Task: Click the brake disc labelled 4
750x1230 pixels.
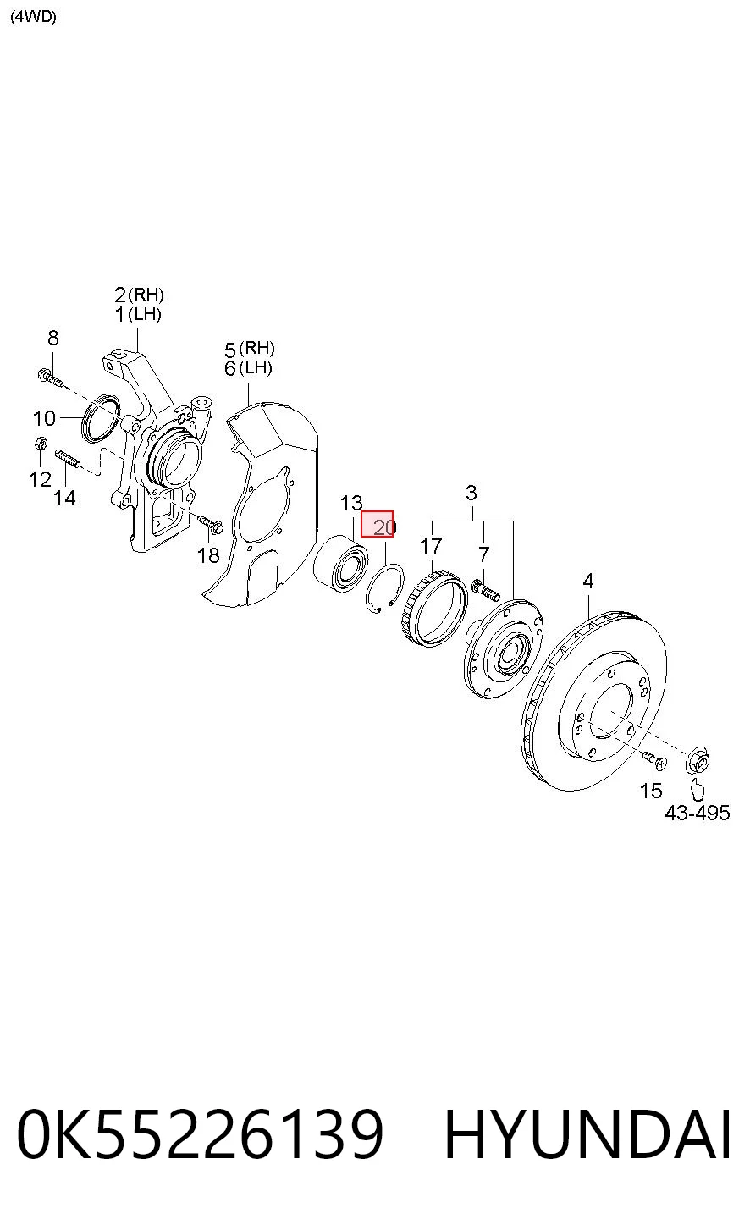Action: coord(594,700)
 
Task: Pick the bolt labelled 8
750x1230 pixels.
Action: coord(51,378)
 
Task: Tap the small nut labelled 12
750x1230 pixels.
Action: coord(40,443)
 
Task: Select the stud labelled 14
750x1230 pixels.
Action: coord(68,459)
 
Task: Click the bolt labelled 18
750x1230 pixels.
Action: coord(210,524)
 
